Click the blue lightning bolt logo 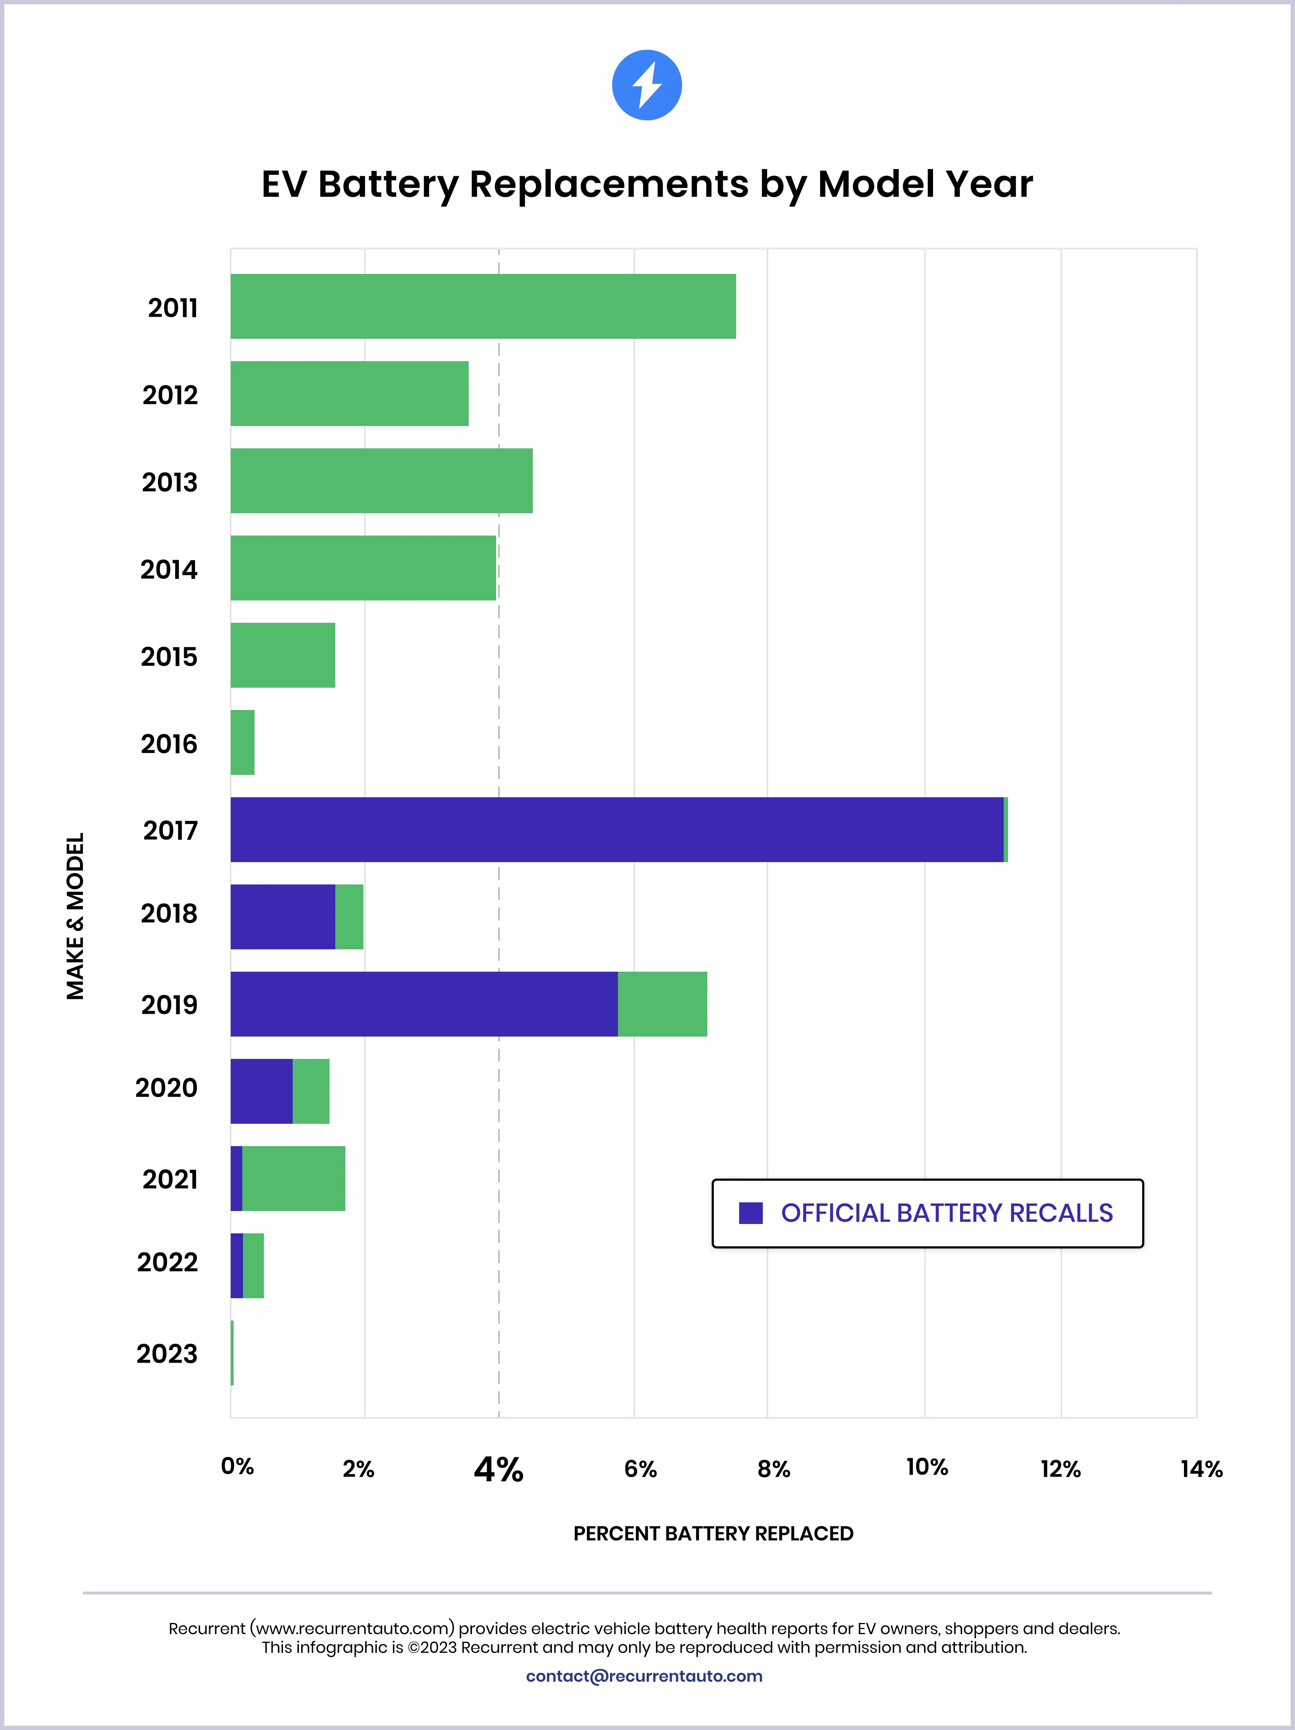pos(646,85)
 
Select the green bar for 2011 pos(483,307)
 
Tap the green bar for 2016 pos(243,742)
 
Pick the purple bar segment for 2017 pos(616,830)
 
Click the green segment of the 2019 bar pos(662,1004)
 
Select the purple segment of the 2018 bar pos(283,917)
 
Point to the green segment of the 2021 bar pos(293,1179)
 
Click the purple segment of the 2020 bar pos(261,1091)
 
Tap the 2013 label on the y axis pos(170,483)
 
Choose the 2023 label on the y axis pos(167,1354)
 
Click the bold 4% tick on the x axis pos(499,1469)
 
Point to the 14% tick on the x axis pos(1201,1469)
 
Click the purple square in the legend pos(750,1213)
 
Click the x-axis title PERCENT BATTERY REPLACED pos(713,1534)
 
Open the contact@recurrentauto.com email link pos(644,1676)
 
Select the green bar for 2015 pos(283,655)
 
